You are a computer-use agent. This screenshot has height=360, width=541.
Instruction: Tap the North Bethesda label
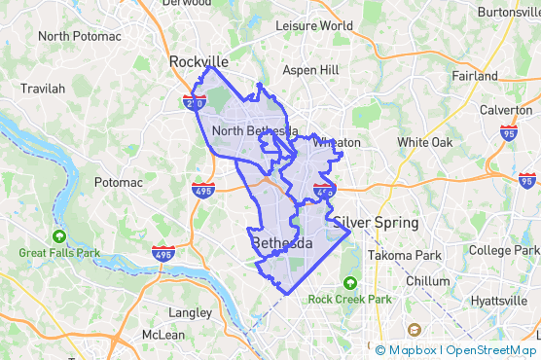point(255,131)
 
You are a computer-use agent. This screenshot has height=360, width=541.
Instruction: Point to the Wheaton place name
point(336,142)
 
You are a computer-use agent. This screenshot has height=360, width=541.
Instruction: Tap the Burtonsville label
point(508,13)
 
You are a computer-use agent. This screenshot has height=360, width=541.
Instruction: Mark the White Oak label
point(425,142)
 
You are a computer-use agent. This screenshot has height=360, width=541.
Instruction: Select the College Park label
point(503,250)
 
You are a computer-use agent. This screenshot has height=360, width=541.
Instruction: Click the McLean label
point(162,335)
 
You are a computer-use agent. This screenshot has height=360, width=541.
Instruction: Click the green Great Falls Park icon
point(59,236)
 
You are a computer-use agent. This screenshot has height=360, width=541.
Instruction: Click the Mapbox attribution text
point(413,350)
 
